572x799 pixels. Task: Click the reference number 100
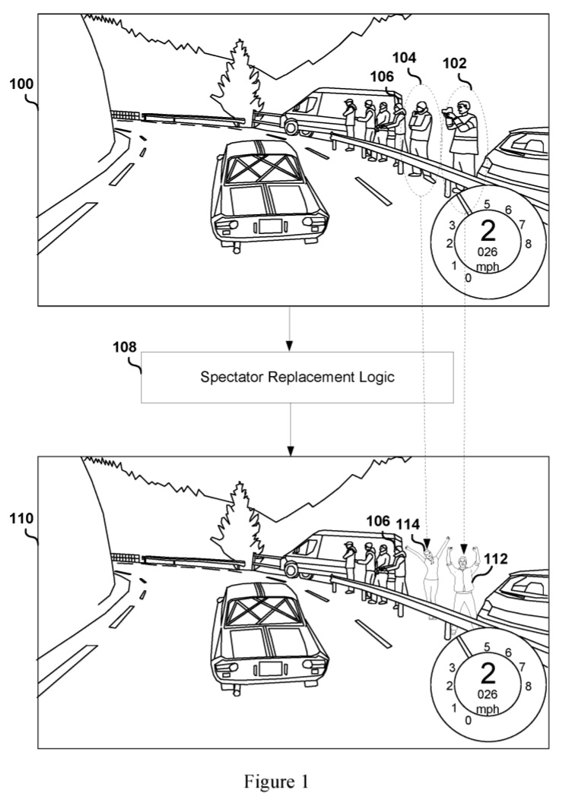point(21,84)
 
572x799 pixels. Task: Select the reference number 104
point(406,58)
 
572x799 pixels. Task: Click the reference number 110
point(21,519)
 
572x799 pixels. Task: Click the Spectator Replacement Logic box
point(297,377)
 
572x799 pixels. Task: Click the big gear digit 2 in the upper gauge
point(488,229)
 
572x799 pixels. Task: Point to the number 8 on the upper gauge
point(527,243)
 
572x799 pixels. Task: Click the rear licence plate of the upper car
point(270,226)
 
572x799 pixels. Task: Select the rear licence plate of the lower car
point(270,668)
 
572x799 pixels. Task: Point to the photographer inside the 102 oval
point(460,137)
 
